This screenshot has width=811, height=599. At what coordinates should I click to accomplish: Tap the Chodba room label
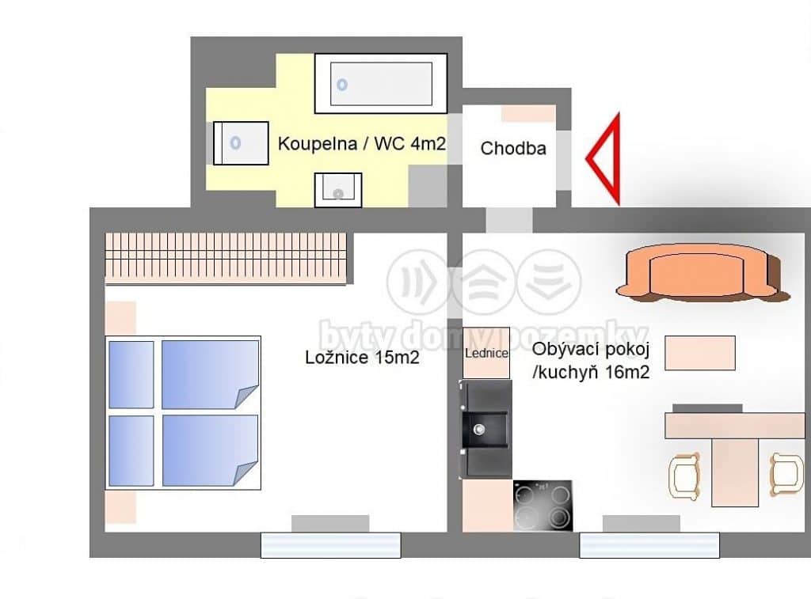pos(513,149)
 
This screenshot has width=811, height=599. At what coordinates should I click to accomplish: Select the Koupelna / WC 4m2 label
pos(361,143)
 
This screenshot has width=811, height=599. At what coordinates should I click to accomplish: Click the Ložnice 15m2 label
pos(362,357)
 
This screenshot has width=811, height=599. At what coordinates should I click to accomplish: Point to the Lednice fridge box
pos(486,353)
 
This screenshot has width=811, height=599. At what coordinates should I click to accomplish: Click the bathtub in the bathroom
pos(381,83)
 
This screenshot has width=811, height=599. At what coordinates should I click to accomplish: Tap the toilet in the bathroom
pos(241,143)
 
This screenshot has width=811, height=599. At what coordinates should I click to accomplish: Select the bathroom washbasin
pos(338,190)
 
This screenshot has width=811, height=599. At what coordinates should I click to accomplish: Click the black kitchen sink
pos(485,429)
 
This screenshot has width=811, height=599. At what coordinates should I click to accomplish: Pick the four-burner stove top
pos(543,506)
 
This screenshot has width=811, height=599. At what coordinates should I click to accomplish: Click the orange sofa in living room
pos(702,273)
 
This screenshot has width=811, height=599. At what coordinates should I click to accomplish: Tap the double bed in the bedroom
pos(183,413)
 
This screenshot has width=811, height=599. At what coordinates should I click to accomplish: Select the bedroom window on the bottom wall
pos(330,545)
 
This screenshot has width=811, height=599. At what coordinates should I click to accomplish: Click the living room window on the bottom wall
pos(649,545)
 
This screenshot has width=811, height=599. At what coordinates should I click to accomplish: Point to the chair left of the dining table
pos(683,476)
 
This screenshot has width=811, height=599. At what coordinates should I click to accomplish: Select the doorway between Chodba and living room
pos(509,220)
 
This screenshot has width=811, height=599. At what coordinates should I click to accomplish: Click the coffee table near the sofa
pos(700,353)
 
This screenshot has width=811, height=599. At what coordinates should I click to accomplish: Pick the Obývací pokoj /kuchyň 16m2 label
pos(591,361)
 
